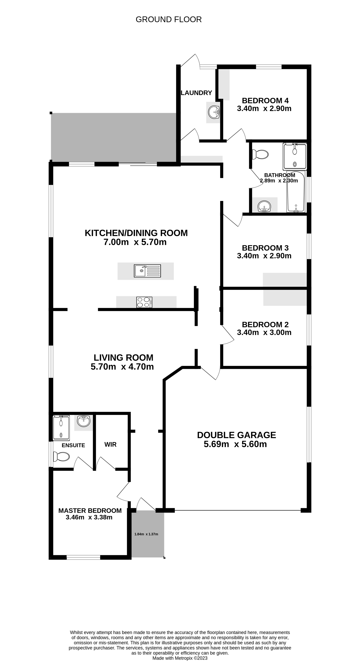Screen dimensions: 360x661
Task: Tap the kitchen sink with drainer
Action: pos(148,271)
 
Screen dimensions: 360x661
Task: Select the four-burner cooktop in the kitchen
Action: pos(144,302)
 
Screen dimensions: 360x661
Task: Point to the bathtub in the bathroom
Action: pos(296,191)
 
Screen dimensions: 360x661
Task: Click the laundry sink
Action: pos(214,112)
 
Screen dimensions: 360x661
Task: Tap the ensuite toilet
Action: pos(61,456)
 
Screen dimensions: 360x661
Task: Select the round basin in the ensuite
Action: pos(84,421)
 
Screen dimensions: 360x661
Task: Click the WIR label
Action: pos(111,444)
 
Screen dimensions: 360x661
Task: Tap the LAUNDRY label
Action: pos(196,93)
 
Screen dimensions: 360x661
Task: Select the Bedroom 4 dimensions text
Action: pos(264,109)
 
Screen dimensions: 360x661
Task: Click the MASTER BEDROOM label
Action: pos(90,510)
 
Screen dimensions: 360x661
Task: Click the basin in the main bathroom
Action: pos(264,206)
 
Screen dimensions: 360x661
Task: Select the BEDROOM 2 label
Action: pos(265,325)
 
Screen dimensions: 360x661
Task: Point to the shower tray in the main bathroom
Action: pos(295,156)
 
